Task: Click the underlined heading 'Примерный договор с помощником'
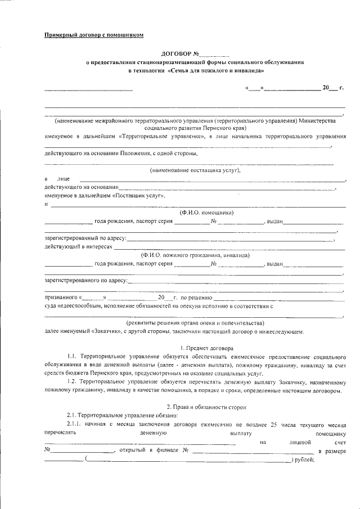(x=94, y=35)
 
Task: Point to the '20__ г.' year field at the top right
(x=332, y=88)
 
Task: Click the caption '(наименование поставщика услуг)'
(x=195, y=170)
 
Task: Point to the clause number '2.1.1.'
(x=75, y=424)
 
